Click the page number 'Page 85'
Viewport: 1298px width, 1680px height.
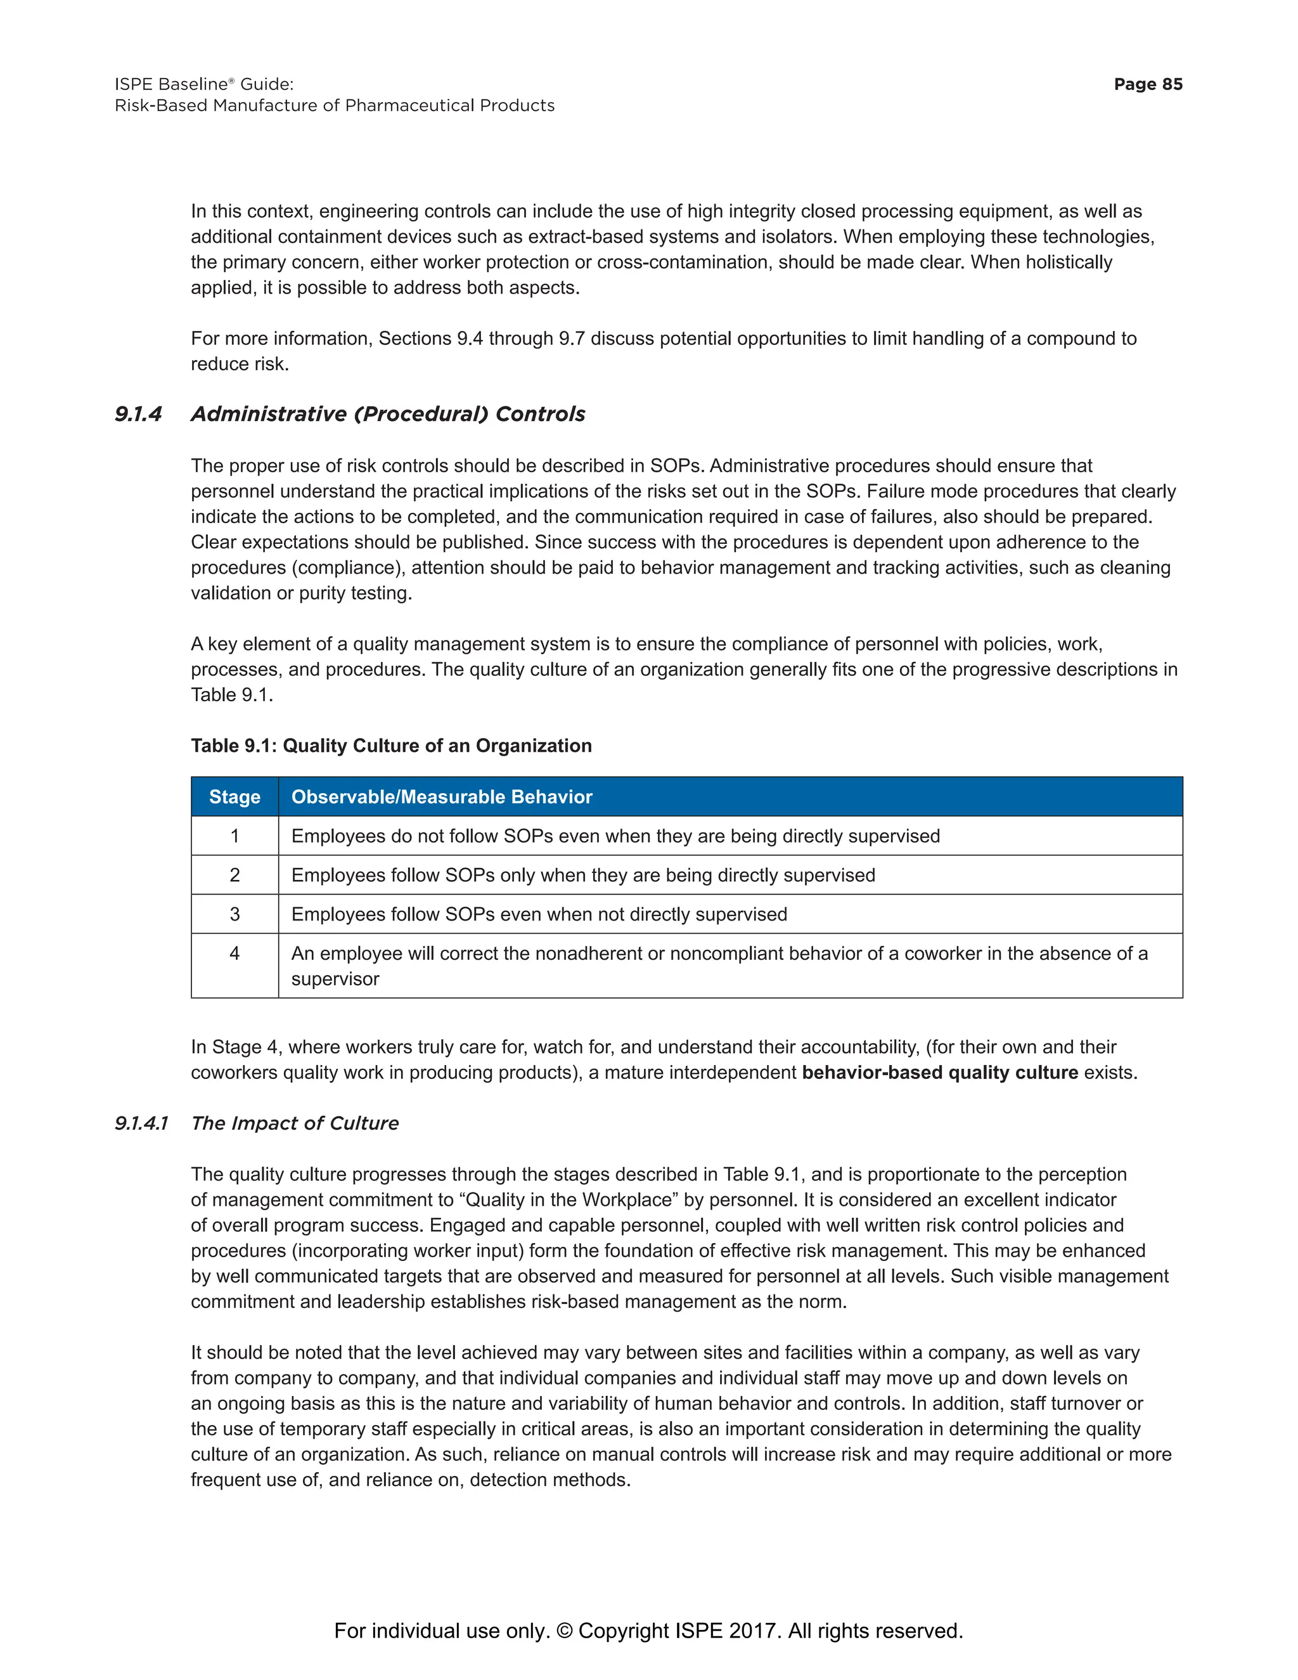point(1147,84)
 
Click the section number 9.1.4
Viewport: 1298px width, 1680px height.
point(138,414)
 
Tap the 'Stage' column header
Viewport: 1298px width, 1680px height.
point(235,797)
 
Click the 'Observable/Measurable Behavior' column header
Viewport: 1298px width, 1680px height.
point(441,797)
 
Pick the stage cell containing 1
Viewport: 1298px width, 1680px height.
point(235,836)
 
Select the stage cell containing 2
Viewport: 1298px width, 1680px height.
point(235,876)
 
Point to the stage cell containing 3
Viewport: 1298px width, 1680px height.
point(235,915)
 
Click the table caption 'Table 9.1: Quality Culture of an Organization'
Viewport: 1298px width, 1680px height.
point(390,746)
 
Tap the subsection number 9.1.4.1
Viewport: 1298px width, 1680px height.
point(141,1123)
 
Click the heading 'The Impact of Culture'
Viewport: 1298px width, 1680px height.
point(295,1123)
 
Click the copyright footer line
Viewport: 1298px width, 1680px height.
point(648,1631)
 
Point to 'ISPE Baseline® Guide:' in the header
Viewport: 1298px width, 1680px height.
point(204,84)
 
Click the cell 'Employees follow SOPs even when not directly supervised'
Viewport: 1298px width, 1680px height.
point(539,915)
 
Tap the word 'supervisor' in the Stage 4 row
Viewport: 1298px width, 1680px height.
point(335,979)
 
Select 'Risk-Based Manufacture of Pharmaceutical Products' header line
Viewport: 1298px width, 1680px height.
point(335,105)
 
